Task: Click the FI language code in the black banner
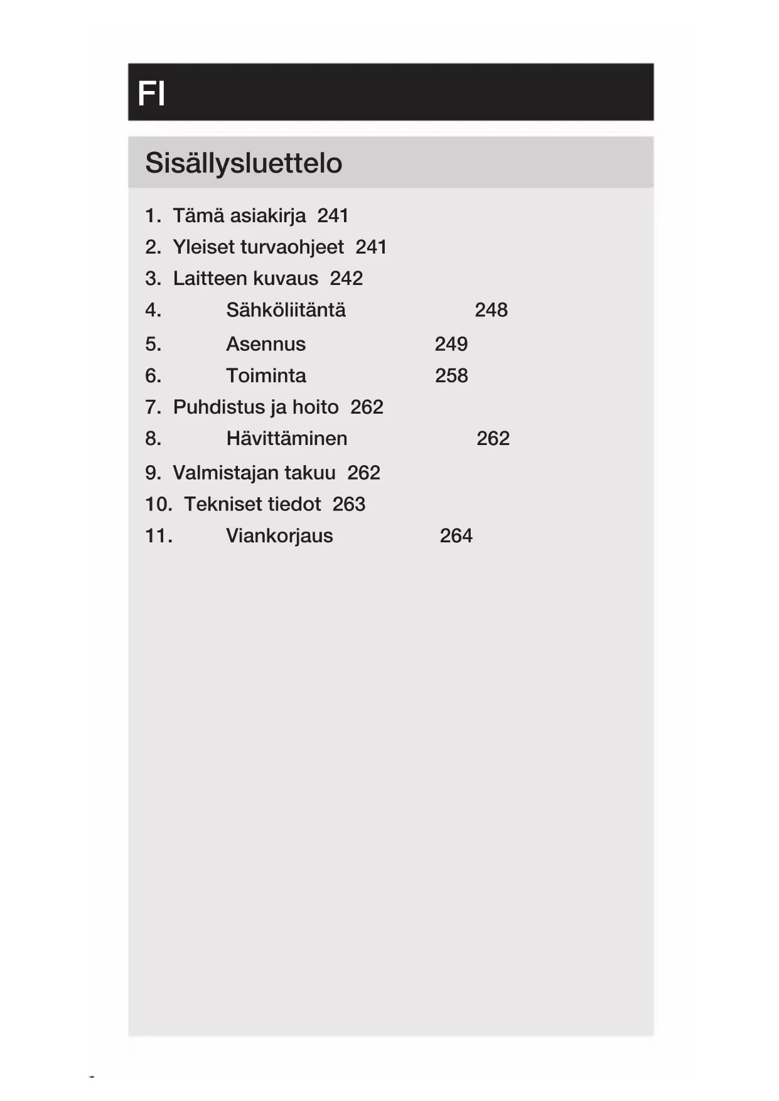pos(151,94)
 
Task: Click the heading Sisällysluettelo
pos(244,163)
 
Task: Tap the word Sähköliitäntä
pos(286,310)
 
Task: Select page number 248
pos(491,310)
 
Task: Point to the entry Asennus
pos(266,344)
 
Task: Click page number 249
pos(451,344)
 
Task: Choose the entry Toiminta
pos(266,375)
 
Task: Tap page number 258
pos(451,375)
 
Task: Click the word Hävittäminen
pos(286,438)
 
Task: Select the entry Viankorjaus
pos(279,535)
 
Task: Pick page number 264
pos(456,535)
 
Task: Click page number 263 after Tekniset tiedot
pos(348,504)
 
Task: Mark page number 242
pos(346,279)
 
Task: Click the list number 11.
pos(158,535)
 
